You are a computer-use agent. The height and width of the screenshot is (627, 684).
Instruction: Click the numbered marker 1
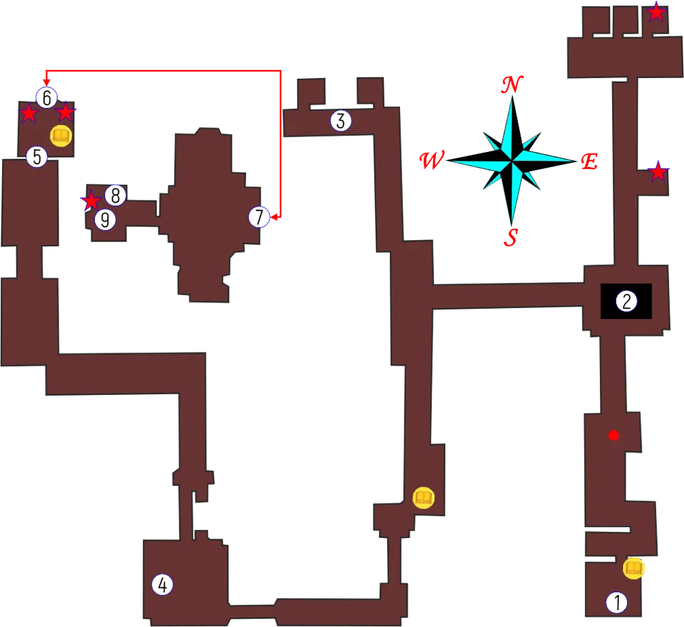(x=617, y=602)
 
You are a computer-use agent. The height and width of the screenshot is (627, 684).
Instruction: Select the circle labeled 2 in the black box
(x=626, y=301)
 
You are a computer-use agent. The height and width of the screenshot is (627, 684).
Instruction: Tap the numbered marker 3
(x=341, y=121)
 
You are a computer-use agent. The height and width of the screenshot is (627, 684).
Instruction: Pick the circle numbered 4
(x=162, y=585)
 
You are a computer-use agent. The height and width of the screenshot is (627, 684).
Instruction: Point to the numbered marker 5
(x=37, y=157)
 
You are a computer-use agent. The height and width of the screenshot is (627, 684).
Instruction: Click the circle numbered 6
(x=47, y=99)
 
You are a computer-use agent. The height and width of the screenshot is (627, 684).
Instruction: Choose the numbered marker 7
(x=259, y=218)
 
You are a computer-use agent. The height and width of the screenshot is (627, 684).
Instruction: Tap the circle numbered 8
(x=116, y=196)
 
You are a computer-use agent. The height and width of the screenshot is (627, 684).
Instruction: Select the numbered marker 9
(x=105, y=220)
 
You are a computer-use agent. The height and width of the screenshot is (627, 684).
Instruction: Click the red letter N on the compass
(x=511, y=85)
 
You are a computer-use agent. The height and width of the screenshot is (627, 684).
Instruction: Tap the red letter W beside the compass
(x=432, y=161)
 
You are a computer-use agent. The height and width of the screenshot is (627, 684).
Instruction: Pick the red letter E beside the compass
(x=589, y=163)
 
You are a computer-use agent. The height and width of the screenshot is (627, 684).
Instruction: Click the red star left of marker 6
(x=28, y=113)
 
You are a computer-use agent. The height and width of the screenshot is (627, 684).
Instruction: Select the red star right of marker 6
(x=66, y=112)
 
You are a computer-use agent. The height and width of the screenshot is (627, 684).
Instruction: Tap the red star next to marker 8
(x=90, y=201)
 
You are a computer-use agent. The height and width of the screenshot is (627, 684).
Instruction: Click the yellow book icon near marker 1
(x=634, y=568)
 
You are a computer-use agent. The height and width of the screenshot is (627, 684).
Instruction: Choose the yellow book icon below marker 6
(x=62, y=136)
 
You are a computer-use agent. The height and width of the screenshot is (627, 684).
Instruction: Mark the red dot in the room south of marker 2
(x=614, y=435)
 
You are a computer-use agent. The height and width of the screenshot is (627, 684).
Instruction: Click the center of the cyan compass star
(x=511, y=162)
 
